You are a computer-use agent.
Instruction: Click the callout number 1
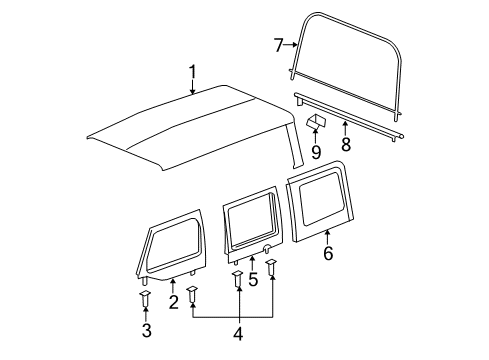pyautogui.click(x=193, y=71)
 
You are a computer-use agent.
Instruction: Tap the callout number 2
pyautogui.click(x=173, y=302)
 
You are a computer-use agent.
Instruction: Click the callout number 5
pyautogui.click(x=253, y=280)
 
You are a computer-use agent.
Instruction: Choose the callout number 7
pyautogui.click(x=280, y=43)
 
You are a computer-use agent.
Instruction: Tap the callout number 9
pyautogui.click(x=316, y=152)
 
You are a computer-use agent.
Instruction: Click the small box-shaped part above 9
pyautogui.click(x=317, y=122)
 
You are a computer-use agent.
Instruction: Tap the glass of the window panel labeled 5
pyautogui.click(x=252, y=224)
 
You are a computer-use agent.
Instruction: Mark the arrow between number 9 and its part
pyautogui.click(x=316, y=138)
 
